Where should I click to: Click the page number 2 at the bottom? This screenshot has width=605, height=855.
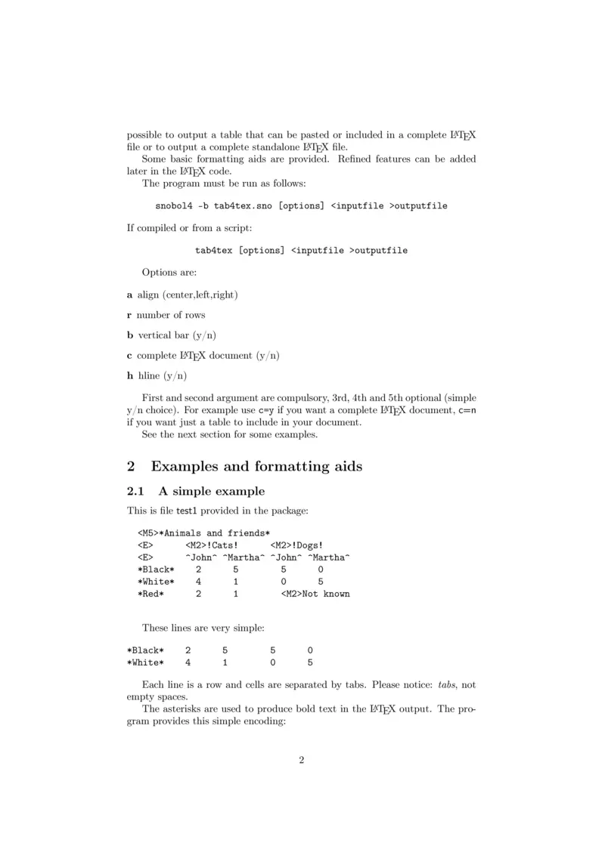302,760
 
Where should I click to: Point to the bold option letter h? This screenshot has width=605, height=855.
129,375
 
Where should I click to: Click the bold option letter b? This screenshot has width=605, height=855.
129,335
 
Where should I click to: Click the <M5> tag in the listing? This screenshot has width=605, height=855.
148,533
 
